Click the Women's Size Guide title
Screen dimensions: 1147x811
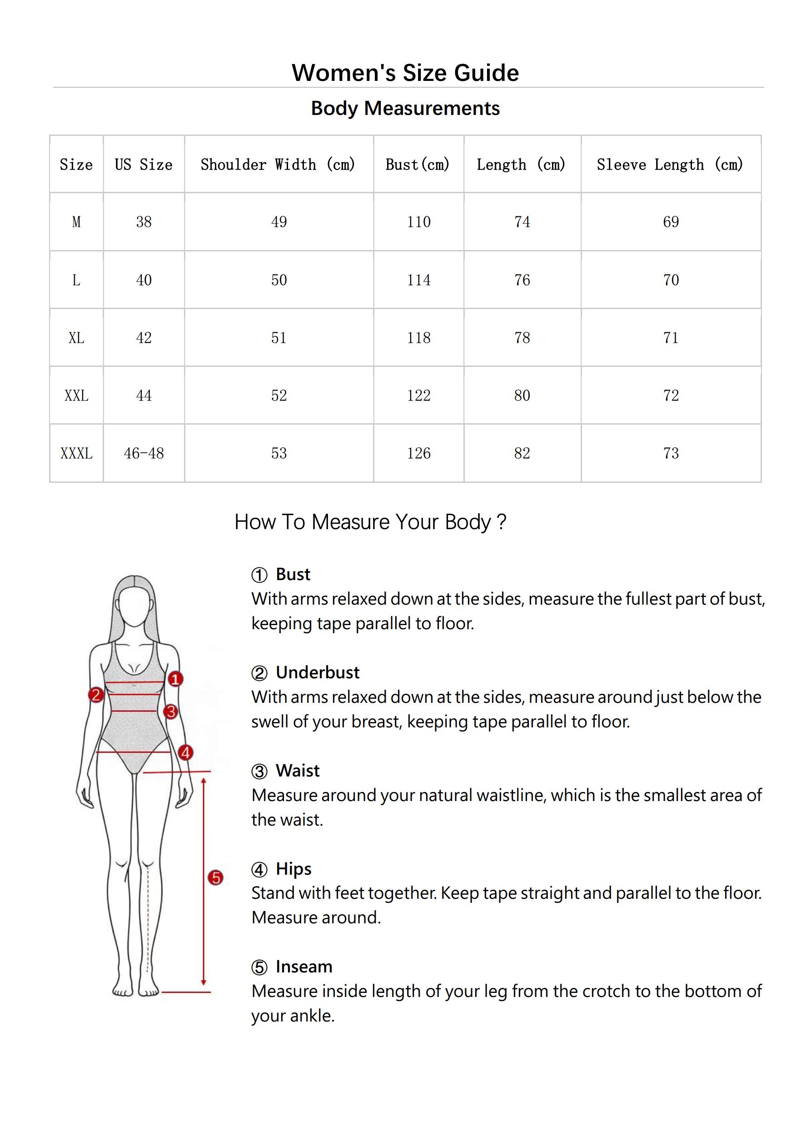[x=405, y=73]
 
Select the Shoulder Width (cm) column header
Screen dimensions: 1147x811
[x=278, y=165]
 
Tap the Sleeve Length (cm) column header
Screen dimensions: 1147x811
[x=670, y=165]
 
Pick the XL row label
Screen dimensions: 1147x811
[x=76, y=338]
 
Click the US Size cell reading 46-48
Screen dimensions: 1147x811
[x=144, y=453]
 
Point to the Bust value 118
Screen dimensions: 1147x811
[x=418, y=338]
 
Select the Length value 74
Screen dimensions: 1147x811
[x=522, y=222]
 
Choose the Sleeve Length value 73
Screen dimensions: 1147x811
[x=671, y=453]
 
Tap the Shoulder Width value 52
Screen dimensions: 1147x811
[x=279, y=396]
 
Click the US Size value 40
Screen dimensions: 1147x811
[x=144, y=280]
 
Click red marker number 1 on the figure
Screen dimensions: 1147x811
[x=175, y=679]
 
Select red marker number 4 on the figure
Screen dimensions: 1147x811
[x=186, y=752]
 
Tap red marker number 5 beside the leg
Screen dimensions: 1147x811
[x=215, y=878]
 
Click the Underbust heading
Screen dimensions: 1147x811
[x=318, y=672]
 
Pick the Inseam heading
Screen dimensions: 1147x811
[x=304, y=967]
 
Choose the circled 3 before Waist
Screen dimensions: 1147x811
[x=259, y=771]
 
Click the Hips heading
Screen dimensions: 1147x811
[x=294, y=869]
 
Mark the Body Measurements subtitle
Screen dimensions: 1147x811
[x=405, y=108]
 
